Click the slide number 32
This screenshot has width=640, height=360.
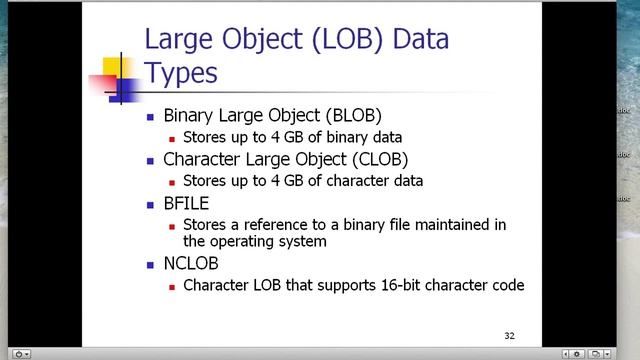coord(509,335)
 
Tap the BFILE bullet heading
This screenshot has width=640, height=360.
coord(186,203)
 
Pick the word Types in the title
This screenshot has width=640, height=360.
coord(181,72)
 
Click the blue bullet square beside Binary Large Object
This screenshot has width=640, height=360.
coord(150,116)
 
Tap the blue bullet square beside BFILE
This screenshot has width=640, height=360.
coord(150,204)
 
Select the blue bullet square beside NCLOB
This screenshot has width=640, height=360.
coord(150,265)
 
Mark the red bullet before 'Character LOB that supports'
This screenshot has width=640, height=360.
coord(172,286)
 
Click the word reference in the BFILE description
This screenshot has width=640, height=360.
coord(279,225)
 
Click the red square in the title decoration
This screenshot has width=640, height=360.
coord(103,84)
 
